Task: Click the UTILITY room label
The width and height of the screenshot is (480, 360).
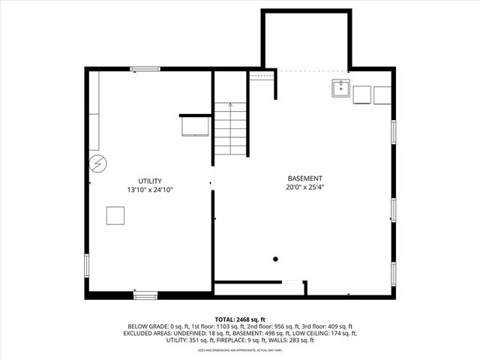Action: pos(150,181)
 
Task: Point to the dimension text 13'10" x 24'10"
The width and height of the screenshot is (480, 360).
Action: pos(150,190)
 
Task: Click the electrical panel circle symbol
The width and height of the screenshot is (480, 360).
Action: pos(98,163)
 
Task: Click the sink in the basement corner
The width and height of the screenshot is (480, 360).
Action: pos(340,89)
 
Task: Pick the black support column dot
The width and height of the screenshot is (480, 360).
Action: pos(276,259)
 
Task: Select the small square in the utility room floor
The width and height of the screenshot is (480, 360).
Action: pos(115,215)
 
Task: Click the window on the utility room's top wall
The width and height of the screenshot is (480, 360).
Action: pos(145,70)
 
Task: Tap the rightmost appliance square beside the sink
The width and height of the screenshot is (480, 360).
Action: pos(382,94)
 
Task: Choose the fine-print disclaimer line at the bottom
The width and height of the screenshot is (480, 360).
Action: pos(240,350)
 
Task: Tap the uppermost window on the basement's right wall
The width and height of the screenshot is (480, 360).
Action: pos(392,132)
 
